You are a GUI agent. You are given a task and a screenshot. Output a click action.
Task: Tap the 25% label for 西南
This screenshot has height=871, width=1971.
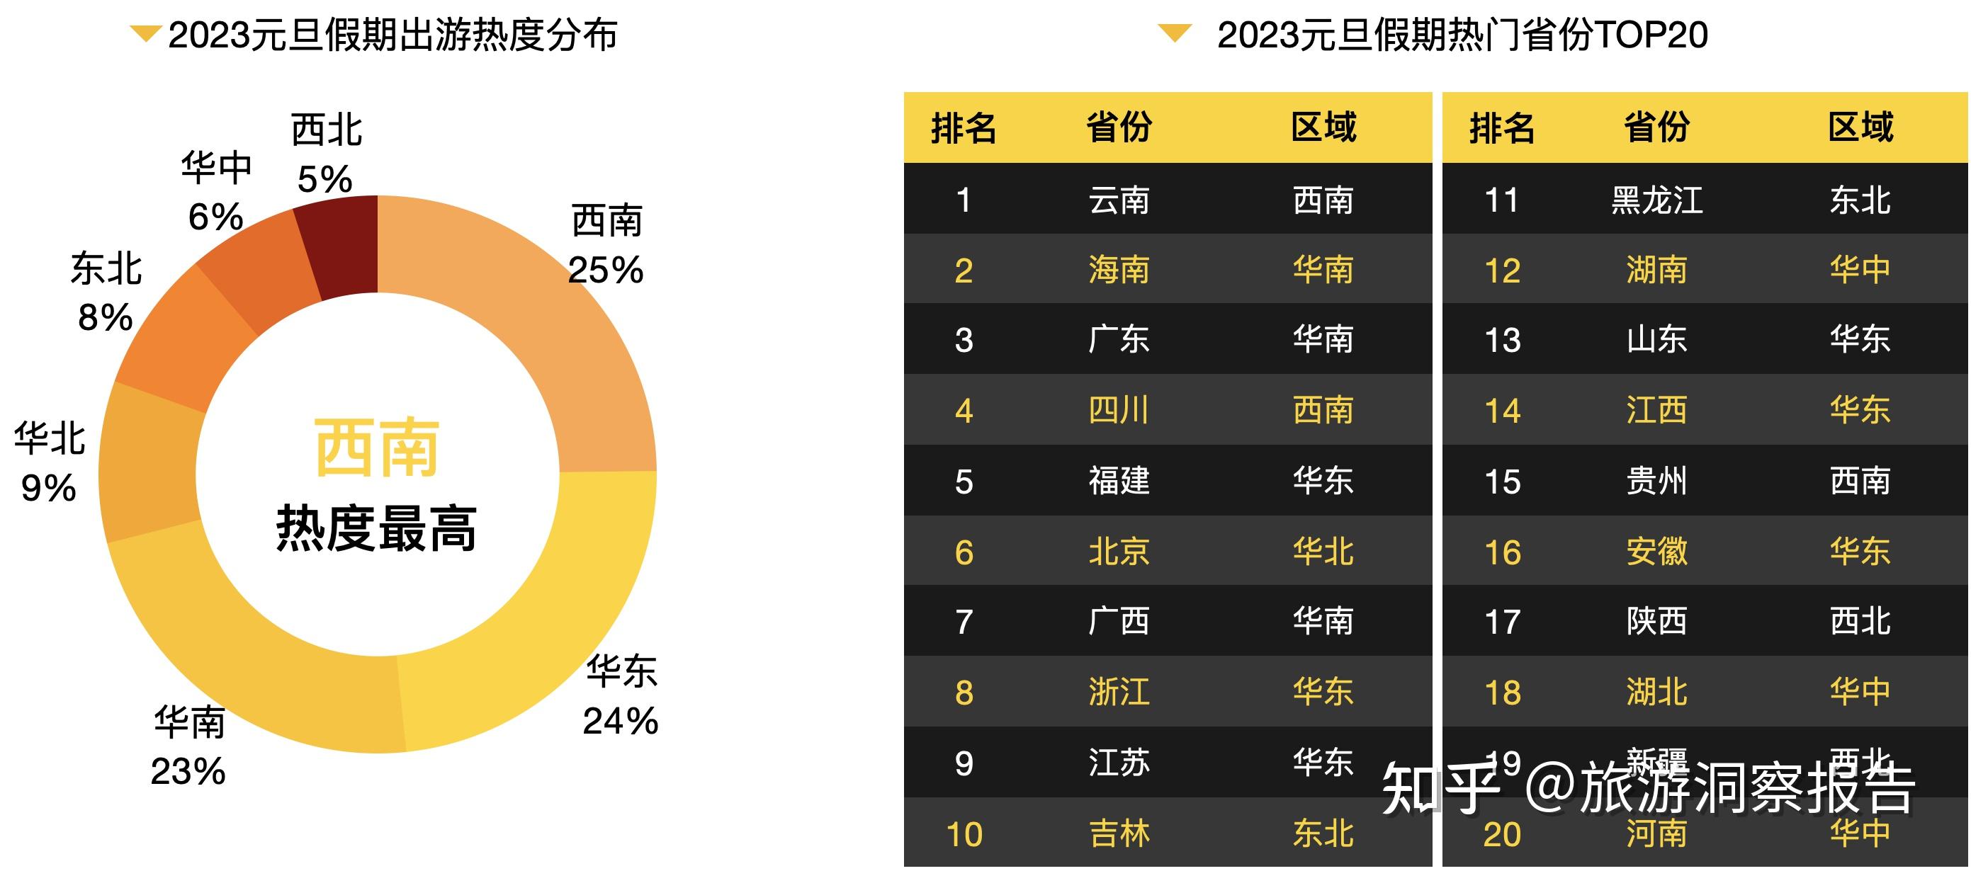(606, 270)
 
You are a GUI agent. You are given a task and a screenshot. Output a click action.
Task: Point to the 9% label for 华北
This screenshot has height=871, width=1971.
(48, 488)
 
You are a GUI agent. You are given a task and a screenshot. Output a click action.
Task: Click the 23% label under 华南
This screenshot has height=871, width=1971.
(188, 771)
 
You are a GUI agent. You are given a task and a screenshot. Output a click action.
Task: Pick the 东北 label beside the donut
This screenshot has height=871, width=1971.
(106, 269)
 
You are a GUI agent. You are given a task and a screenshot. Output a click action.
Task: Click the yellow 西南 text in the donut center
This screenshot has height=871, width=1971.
(376, 448)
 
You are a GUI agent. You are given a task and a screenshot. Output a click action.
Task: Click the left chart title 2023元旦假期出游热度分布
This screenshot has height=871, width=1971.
(392, 35)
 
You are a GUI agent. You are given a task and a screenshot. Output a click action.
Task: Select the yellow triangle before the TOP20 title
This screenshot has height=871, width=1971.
(1175, 33)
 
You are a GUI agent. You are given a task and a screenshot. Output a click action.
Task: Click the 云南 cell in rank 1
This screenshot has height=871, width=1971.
(1119, 200)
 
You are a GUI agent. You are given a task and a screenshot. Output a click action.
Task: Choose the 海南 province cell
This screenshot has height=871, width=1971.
(1119, 270)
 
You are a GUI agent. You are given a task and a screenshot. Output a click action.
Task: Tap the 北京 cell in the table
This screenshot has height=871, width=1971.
(1119, 552)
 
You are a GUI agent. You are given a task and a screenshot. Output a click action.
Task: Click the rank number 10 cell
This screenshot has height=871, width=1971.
(964, 833)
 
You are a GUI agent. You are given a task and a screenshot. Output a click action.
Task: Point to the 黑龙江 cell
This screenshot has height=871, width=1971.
(1656, 200)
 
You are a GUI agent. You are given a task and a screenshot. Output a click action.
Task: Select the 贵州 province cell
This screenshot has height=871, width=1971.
(1656, 481)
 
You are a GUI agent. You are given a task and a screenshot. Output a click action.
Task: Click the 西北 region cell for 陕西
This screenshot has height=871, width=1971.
(1860, 621)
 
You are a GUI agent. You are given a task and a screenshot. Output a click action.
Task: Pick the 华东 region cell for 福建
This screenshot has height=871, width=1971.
(1323, 481)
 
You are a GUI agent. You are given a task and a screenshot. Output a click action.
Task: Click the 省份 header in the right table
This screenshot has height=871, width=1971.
(1656, 127)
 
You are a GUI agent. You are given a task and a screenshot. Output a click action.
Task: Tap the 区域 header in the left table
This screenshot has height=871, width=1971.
(1323, 127)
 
